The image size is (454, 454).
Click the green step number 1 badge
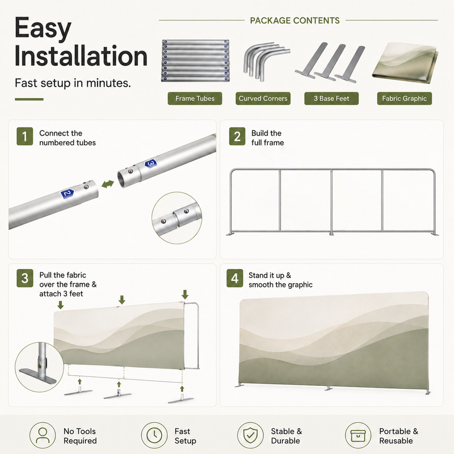coord(24,136)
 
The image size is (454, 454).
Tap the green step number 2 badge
coord(237,136)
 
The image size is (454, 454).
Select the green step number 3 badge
coord(25,278)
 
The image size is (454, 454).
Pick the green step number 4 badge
coord(235,278)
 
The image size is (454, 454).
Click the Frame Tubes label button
coord(195,98)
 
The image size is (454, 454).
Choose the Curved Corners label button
coord(263,98)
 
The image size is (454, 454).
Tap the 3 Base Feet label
coord(331,98)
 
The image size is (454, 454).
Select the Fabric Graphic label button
coord(405,98)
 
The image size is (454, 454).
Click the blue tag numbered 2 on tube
coord(67,194)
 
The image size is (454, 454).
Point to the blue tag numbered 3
coord(150,163)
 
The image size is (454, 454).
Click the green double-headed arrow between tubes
coord(108,184)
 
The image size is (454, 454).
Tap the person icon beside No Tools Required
coord(43,435)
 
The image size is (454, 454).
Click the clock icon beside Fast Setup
coord(154,435)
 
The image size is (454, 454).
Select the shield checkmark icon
coord(250,435)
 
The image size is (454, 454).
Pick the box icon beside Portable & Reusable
coord(358,435)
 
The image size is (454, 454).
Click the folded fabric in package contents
coord(405,63)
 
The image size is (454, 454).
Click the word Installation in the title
coord(81,56)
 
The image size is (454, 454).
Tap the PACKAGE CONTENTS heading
coord(295,20)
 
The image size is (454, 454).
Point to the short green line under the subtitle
coord(30,99)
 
